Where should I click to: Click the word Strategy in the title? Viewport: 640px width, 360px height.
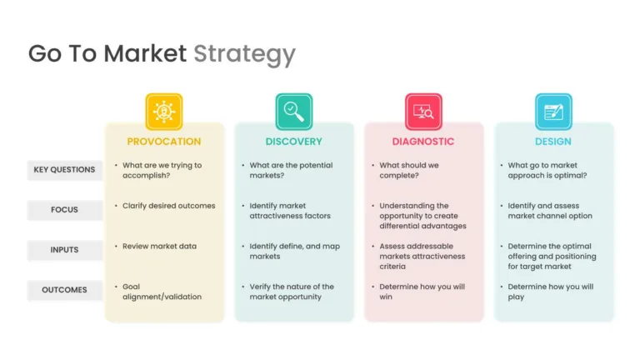tap(244, 54)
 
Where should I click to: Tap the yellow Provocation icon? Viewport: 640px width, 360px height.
tap(164, 112)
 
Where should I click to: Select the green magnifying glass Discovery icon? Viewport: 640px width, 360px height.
tap(294, 112)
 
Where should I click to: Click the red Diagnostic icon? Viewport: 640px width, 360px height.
tap(423, 112)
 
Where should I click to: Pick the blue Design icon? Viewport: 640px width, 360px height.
tap(553, 112)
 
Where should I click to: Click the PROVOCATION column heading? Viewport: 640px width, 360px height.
tap(164, 142)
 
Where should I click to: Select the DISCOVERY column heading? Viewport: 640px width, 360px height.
tap(294, 142)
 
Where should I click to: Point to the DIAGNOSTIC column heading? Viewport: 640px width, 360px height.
tap(423, 142)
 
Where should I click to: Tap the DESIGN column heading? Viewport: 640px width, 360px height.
tap(553, 142)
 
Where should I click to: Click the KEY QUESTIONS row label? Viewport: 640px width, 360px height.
tap(64, 170)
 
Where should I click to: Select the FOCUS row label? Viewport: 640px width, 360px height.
tap(64, 210)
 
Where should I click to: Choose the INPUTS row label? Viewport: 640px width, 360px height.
tap(64, 250)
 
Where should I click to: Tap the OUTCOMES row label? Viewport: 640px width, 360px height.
tap(64, 290)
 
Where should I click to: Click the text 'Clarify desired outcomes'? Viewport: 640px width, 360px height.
tap(169, 206)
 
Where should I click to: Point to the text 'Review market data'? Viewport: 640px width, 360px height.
tap(160, 246)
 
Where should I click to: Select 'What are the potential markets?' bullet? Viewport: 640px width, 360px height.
tap(291, 170)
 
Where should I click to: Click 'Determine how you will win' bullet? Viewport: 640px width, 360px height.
tap(422, 292)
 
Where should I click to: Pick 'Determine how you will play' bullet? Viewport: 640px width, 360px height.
tap(551, 292)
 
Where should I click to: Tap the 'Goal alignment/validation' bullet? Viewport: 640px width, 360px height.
tap(162, 292)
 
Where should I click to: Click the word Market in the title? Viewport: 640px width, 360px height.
tap(145, 53)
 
